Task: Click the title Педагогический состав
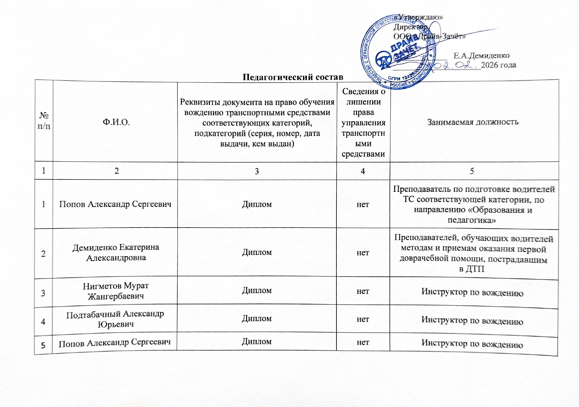(x=293, y=77)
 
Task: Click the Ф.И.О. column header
(x=116, y=122)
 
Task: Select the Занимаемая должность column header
(x=472, y=122)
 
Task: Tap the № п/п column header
(x=44, y=120)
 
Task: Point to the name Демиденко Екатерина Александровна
(x=116, y=252)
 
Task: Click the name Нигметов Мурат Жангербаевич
(x=116, y=291)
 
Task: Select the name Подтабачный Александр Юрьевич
(x=115, y=319)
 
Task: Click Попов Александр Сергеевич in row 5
(x=115, y=343)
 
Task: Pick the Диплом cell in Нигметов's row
(x=257, y=290)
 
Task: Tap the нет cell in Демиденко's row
(x=363, y=253)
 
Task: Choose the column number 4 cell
(x=363, y=171)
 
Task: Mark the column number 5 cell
(x=472, y=171)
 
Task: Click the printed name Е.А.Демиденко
(x=481, y=56)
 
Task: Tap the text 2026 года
(x=498, y=65)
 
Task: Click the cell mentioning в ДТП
(x=473, y=254)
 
